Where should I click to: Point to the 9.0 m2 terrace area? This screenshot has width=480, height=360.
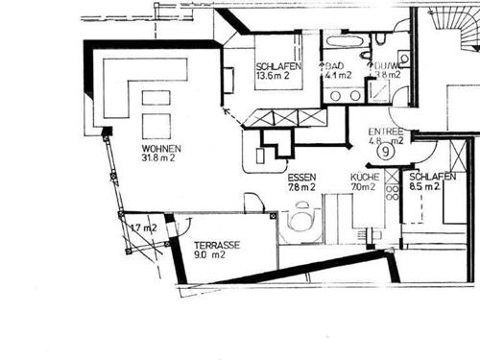click(211, 256)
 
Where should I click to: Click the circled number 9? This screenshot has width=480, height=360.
click(386, 151)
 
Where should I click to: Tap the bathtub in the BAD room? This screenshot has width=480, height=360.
click(343, 42)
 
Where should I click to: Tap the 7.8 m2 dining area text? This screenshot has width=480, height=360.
click(301, 188)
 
